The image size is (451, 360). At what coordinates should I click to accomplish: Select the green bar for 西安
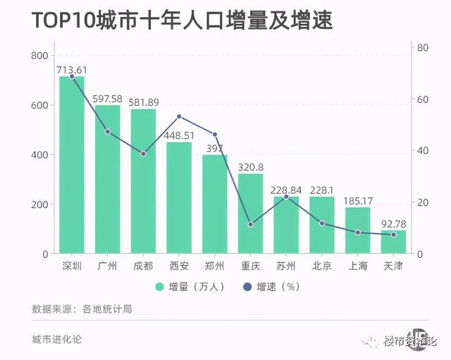[x=179, y=198]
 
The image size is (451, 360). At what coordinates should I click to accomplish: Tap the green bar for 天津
[x=394, y=242]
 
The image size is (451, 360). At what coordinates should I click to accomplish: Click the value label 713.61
[x=72, y=69]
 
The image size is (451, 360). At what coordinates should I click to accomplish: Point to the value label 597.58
[x=108, y=99]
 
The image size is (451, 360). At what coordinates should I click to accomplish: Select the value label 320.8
[x=251, y=167]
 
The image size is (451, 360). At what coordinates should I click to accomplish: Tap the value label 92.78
[x=394, y=223]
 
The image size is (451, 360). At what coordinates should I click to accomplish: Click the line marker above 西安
[x=179, y=116]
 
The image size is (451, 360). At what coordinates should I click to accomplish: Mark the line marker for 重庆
[x=251, y=225]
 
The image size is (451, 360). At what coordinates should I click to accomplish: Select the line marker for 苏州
[x=286, y=197]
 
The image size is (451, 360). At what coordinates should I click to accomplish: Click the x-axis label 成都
[x=143, y=266]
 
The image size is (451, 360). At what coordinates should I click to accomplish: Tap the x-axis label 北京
[x=322, y=266]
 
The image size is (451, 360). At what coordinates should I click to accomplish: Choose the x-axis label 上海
[x=358, y=266]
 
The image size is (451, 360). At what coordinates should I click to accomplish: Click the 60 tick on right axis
[x=423, y=99]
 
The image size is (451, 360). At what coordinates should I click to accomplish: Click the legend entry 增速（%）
[x=271, y=287]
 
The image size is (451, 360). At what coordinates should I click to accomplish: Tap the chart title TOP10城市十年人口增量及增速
[x=182, y=20]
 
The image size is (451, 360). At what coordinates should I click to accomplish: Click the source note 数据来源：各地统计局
[x=82, y=309]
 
